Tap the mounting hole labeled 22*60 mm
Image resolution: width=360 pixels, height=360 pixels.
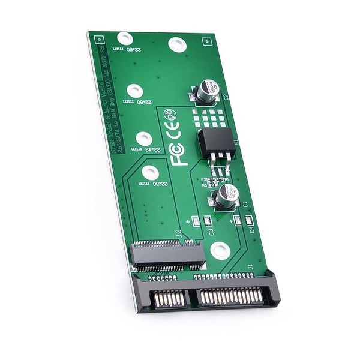[134, 91]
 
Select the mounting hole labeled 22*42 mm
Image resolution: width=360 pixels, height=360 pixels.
[143, 139]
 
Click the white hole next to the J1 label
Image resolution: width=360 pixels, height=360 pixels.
[220, 250]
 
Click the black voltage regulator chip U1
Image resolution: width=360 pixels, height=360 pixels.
[212, 143]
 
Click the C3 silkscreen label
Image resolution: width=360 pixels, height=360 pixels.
[211, 231]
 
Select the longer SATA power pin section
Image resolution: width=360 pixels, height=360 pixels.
[230, 295]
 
